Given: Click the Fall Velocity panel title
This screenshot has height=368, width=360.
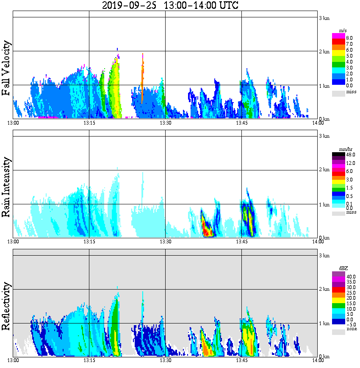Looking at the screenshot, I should [x=6, y=68].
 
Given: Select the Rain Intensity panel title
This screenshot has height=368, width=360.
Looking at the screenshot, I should [x=6, y=187].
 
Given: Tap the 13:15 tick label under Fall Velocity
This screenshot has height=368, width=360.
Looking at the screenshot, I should [x=89, y=123].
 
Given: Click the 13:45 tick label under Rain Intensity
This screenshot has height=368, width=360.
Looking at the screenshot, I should [x=241, y=241].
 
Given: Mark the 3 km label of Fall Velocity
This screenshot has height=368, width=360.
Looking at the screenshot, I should [x=324, y=18].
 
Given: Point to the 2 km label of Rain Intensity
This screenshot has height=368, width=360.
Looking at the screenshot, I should [x=324, y=170].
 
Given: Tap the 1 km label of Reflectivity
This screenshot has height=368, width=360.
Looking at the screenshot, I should [x=324, y=323].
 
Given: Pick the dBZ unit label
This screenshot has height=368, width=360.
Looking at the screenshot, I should [x=339, y=268].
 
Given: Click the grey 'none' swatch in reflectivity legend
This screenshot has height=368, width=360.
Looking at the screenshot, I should [x=338, y=332].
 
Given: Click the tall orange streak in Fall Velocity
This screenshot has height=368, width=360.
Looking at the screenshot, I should [x=143, y=76].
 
